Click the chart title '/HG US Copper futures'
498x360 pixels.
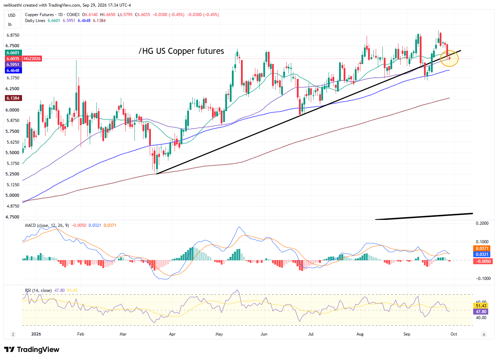(x=181, y=51)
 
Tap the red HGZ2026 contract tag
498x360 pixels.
(x=32, y=59)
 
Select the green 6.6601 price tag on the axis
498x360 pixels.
(x=13, y=53)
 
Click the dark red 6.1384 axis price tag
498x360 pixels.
(x=13, y=98)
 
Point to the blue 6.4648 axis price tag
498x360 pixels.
(x=13, y=71)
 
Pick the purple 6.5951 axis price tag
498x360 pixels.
(x=13, y=65)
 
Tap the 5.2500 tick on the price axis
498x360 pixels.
(x=13, y=174)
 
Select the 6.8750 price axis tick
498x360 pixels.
(x=13, y=35)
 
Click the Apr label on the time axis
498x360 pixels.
(x=172, y=334)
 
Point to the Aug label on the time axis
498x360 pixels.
(x=360, y=334)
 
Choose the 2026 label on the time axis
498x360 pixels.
(x=36, y=334)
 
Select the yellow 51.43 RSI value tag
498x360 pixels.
(x=481, y=306)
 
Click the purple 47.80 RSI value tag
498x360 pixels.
(x=481, y=312)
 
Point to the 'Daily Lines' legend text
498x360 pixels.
(x=35, y=21)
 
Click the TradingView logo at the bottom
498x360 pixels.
(x=32, y=350)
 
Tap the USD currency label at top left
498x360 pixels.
(x=12, y=15)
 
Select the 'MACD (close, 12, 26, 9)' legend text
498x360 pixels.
(x=47, y=226)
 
